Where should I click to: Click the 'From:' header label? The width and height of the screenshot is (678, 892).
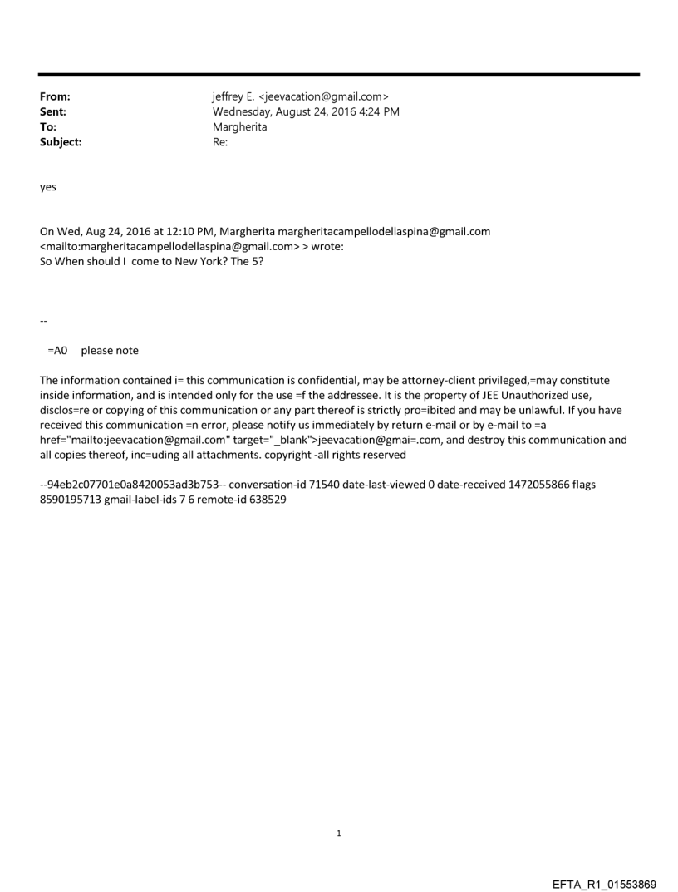[55, 97]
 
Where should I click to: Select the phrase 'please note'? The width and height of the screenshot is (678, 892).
[110, 351]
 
